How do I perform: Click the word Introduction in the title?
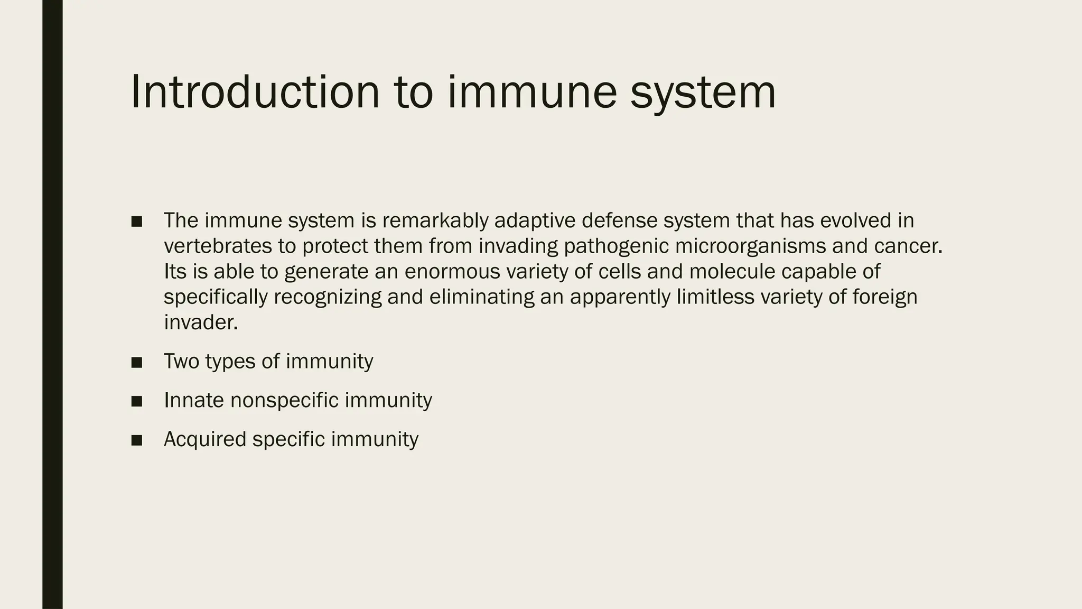255,92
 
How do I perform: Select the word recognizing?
328,297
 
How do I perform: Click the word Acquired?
205,439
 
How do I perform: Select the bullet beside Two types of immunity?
137,362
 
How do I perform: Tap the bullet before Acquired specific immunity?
137,440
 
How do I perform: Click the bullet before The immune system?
137,221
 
